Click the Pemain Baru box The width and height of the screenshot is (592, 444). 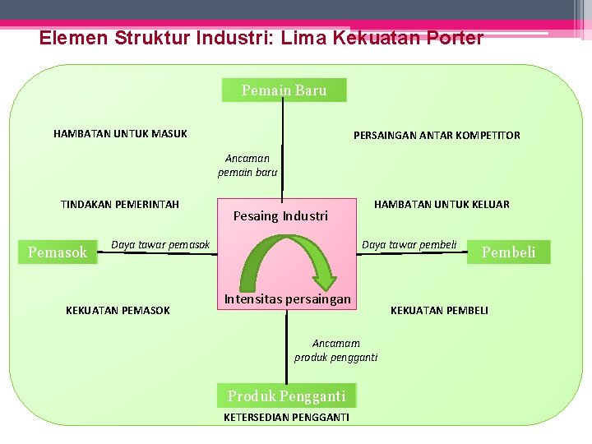(x=284, y=90)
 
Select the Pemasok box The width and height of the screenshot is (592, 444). (x=58, y=252)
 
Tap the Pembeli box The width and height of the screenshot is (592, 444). (x=508, y=252)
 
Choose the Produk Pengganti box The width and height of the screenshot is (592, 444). (x=286, y=396)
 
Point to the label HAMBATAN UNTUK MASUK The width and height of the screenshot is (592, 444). (x=120, y=133)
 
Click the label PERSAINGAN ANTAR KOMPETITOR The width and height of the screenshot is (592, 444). (x=437, y=135)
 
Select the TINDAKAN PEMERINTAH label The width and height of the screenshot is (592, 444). (x=120, y=204)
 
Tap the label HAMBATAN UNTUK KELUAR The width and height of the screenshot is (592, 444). (x=442, y=204)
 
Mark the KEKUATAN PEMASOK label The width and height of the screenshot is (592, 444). (x=118, y=310)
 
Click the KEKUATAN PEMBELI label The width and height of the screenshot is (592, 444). (x=439, y=310)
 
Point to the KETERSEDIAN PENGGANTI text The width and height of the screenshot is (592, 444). (x=286, y=418)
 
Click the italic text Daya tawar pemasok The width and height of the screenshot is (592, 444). (x=160, y=244)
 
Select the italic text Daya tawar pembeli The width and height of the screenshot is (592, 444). (x=409, y=244)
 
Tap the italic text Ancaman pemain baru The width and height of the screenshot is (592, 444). (x=247, y=165)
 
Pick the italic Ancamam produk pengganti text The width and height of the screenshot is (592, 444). (x=336, y=349)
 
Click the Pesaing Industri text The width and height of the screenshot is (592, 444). (x=280, y=216)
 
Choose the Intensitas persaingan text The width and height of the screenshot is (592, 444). (x=287, y=299)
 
